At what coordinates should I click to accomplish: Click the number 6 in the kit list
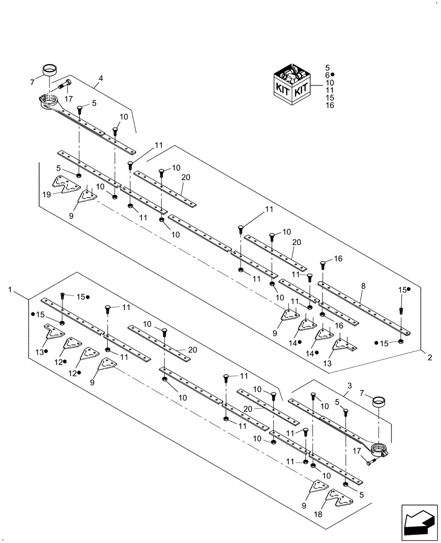coord(327,75)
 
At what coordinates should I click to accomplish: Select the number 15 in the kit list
coord(329,98)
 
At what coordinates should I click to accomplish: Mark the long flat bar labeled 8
coord(364,308)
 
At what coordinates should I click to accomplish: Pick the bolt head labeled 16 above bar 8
coord(323,264)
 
